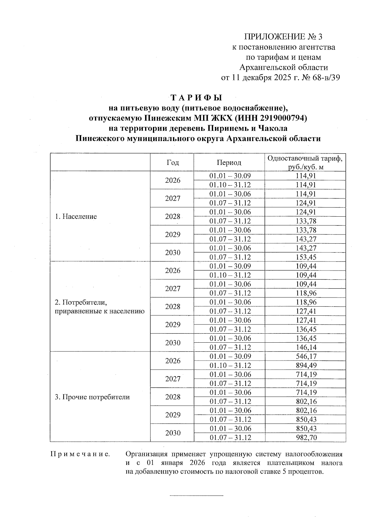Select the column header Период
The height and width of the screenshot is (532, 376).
pos(229,162)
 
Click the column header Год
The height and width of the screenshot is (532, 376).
pos(173,162)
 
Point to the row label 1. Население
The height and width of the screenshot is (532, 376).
pos(76,216)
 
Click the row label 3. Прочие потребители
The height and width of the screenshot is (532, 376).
pos(92,397)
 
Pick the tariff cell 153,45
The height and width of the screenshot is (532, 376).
pos(306,257)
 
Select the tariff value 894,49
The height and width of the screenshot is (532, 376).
pos(306,365)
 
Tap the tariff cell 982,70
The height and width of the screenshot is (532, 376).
pos(306,437)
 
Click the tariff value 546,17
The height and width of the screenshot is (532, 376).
pos(306,356)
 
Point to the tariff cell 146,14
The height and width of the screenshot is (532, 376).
pos(306,347)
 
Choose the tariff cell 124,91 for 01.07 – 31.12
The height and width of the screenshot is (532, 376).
pos(306,203)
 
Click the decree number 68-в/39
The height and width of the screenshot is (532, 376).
pos(326,77)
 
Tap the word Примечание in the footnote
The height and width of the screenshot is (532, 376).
pos(80,454)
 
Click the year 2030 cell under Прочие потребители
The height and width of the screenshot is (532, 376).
pos(173,433)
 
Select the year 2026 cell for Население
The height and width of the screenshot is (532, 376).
pos(173,180)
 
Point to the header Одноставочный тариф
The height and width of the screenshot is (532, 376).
pos(305,158)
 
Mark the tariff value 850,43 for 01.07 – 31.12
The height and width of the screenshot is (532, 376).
pos(306,419)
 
